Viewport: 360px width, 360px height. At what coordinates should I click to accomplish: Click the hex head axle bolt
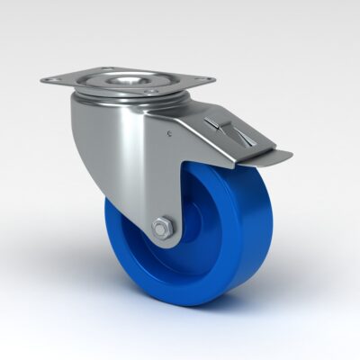pos(161,229)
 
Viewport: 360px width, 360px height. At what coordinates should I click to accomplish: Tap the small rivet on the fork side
pos(168,136)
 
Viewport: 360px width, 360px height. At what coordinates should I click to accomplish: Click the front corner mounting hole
pos(150,91)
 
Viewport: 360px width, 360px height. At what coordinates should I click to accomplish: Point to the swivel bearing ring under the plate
pos(126,94)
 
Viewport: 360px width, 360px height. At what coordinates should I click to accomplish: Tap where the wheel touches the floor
pos(193,304)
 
